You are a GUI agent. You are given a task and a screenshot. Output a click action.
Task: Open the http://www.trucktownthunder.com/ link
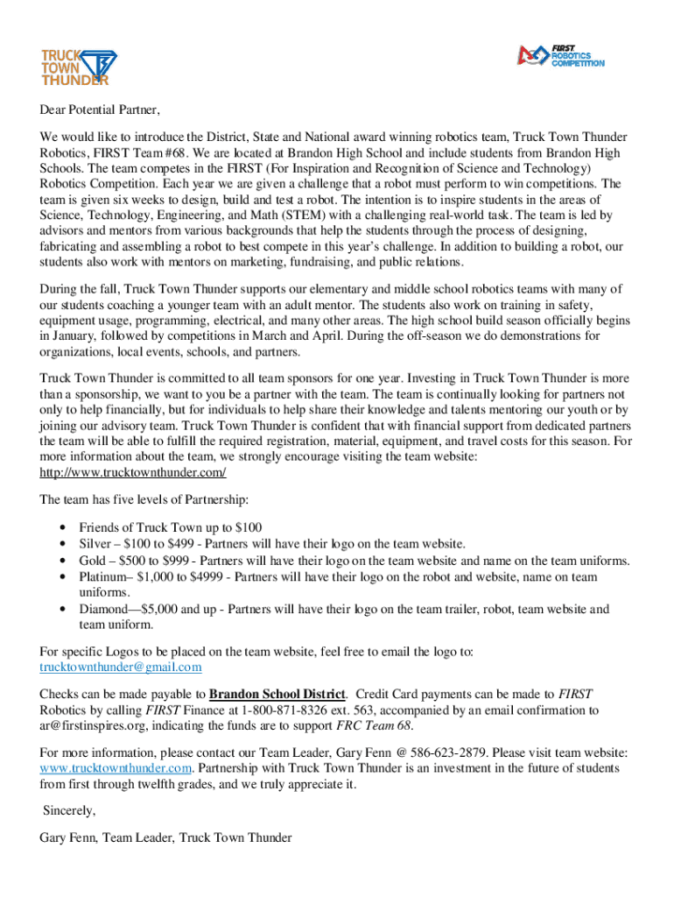click(x=133, y=472)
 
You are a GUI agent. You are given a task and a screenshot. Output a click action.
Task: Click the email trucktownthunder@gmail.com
click(x=121, y=667)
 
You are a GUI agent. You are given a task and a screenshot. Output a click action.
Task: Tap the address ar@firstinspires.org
click(x=101, y=725)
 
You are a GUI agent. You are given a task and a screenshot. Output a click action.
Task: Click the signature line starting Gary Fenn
click(x=165, y=838)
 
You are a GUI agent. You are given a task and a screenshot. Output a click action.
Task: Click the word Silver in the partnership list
click(x=95, y=544)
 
